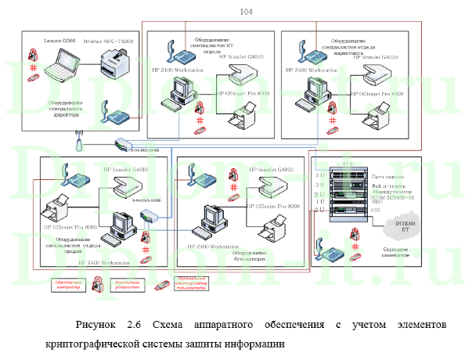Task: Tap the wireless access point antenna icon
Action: point(78,144)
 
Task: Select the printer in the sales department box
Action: point(59,213)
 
